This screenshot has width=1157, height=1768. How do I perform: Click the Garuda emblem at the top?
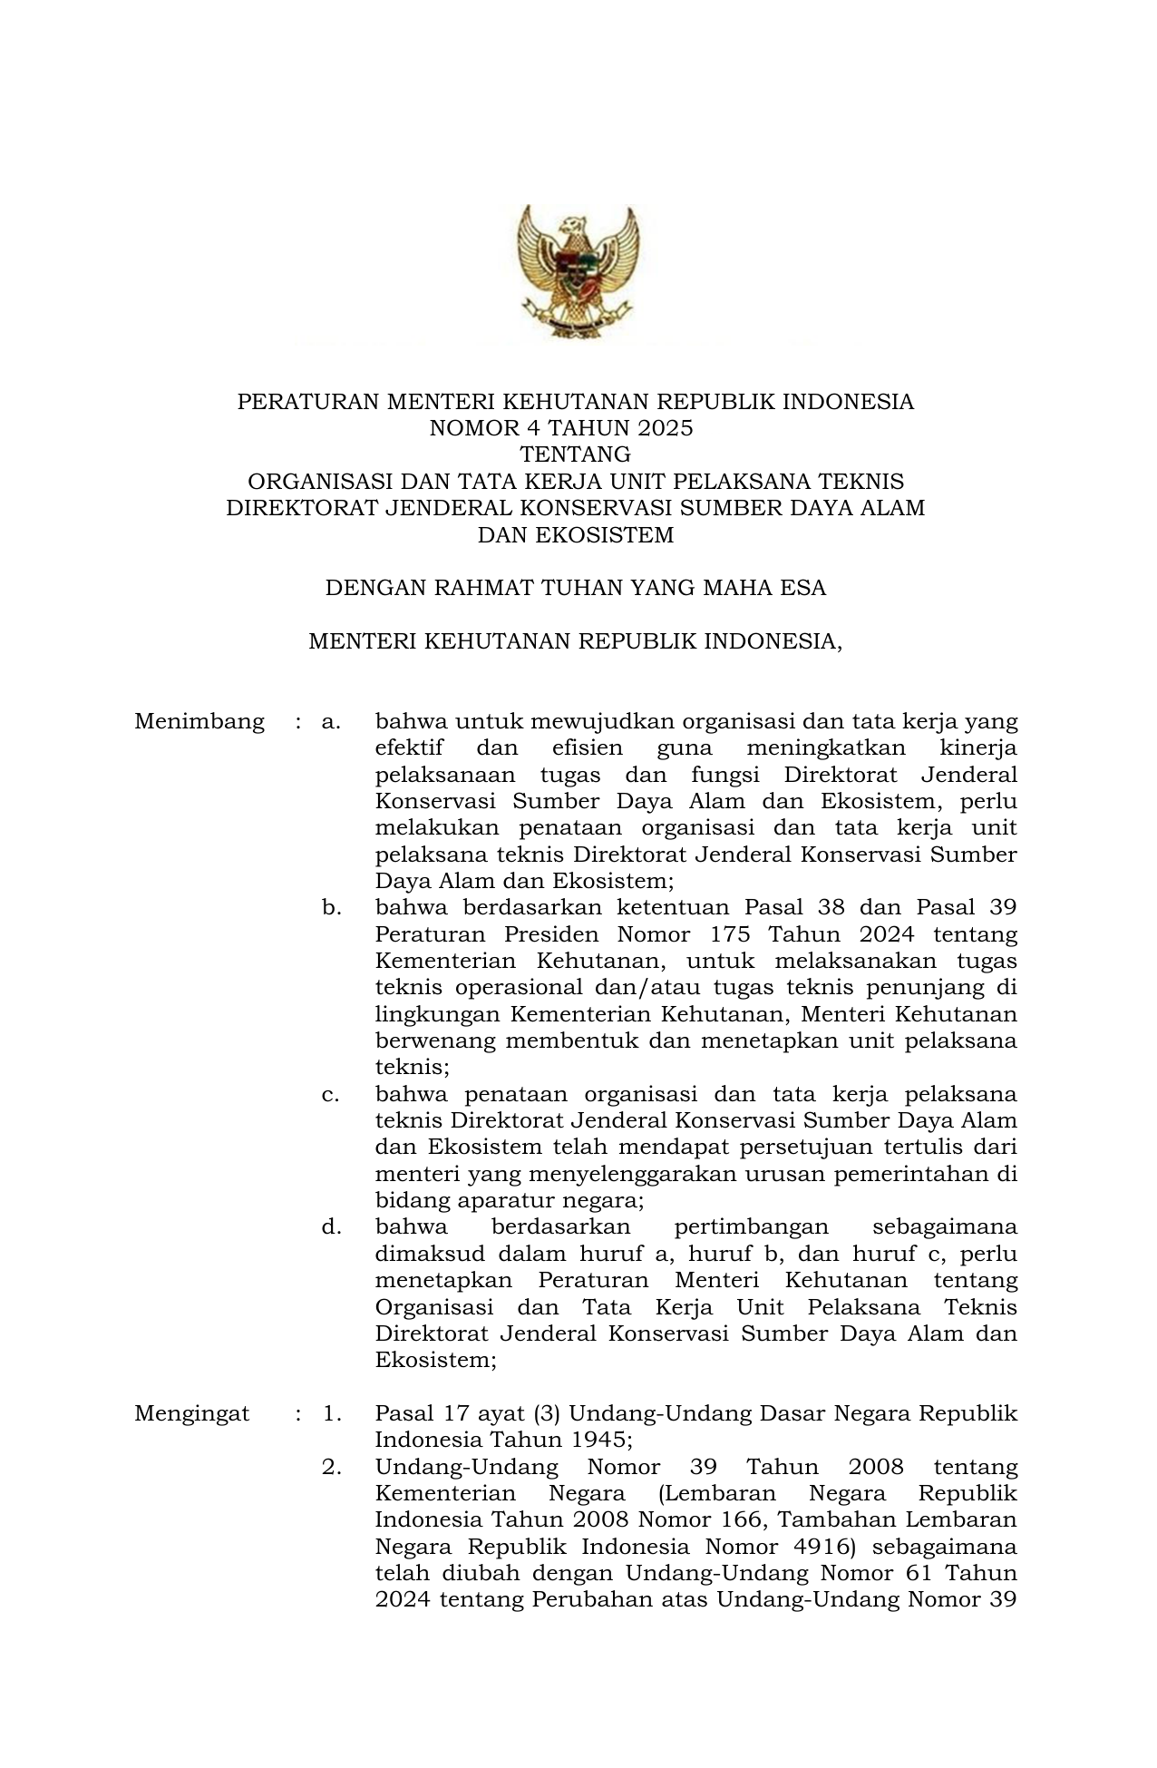[576, 271]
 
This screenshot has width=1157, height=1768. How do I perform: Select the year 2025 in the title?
[664, 428]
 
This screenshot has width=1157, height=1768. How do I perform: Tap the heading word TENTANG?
[575, 454]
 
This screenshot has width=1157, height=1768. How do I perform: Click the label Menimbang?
[199, 722]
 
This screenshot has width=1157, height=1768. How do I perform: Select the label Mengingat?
[192, 1413]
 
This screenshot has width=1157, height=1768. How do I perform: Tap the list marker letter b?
[331, 908]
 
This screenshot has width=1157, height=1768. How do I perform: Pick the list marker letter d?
[331, 1227]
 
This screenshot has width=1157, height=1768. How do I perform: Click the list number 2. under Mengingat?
[331, 1467]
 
